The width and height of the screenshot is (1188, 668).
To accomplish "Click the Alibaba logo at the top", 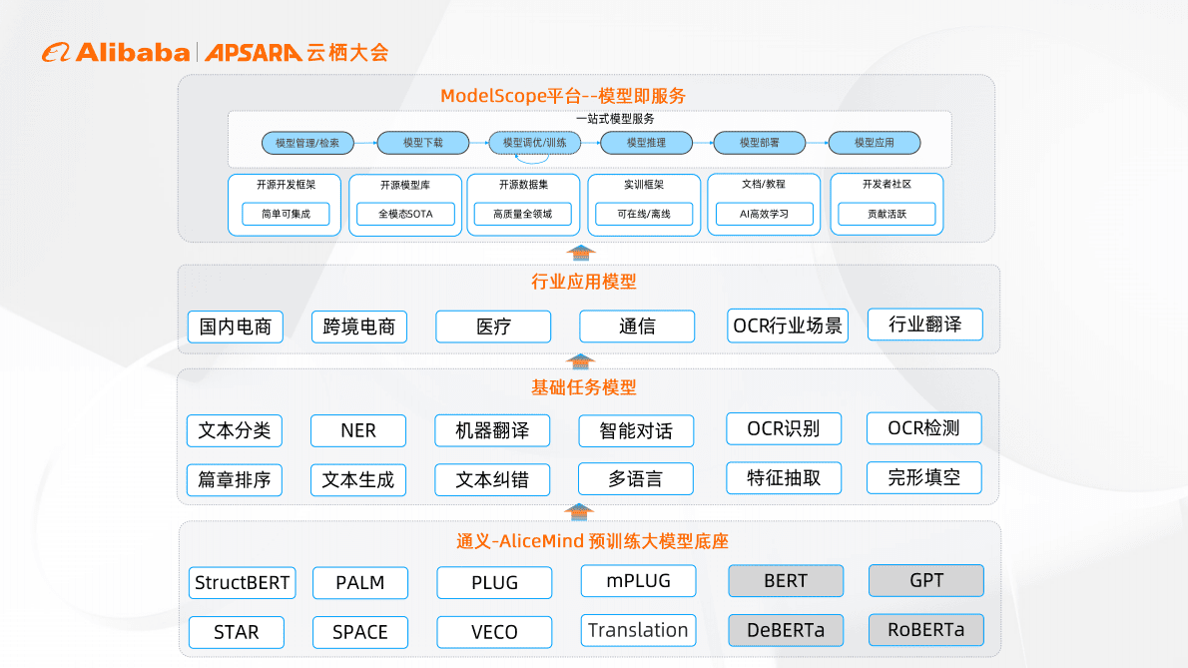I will (x=116, y=52).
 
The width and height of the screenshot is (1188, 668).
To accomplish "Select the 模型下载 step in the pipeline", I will (x=422, y=143).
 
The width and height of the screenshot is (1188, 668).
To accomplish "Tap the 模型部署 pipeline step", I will (x=760, y=143).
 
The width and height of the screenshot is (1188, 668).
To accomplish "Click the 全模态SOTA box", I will (x=405, y=214).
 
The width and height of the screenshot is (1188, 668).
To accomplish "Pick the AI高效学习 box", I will (x=764, y=214).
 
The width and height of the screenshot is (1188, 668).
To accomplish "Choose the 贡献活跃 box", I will (x=887, y=214).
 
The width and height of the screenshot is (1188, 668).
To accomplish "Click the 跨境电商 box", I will (x=359, y=327).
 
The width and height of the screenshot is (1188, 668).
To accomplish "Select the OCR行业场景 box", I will (x=788, y=326).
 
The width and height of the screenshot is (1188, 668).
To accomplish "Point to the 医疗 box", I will (x=493, y=327).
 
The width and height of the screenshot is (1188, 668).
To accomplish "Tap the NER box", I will (x=358, y=430).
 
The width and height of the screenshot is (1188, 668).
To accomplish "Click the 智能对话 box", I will (x=636, y=430).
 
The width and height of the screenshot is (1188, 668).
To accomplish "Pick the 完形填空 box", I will (x=924, y=477).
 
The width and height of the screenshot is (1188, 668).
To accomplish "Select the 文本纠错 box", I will (x=492, y=479).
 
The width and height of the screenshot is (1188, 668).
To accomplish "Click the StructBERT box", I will (x=243, y=583).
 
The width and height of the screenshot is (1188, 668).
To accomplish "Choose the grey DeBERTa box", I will (x=786, y=630).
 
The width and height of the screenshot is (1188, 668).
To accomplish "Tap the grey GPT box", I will (x=926, y=580).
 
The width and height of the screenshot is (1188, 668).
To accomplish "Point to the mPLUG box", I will (x=638, y=580).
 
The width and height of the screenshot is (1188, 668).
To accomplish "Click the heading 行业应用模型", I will (x=584, y=282).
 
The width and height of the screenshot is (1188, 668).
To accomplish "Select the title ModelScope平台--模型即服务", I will (x=563, y=96).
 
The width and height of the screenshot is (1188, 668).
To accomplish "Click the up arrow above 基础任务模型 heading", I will (x=579, y=361).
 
